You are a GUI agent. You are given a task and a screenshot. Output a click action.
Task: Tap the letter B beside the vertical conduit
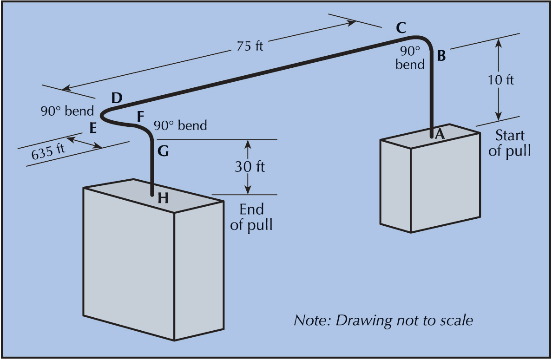(441, 56)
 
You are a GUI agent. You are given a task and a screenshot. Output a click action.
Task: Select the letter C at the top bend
(401, 28)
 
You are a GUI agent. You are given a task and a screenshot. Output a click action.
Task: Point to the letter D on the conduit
(117, 98)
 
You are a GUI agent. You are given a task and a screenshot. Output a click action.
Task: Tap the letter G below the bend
(163, 151)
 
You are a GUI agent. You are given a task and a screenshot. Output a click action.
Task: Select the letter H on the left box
(163, 198)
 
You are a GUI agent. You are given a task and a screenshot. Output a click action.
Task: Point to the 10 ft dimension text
(501, 79)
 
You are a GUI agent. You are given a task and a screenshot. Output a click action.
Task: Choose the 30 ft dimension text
(250, 166)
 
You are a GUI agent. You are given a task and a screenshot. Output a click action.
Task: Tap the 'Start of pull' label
(509, 143)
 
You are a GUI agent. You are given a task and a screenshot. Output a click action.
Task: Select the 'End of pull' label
(251, 217)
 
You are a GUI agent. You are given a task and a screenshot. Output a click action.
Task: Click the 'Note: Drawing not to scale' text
(383, 321)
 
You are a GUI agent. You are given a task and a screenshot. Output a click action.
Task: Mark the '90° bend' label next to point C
(410, 57)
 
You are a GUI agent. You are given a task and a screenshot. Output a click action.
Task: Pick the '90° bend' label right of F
(180, 125)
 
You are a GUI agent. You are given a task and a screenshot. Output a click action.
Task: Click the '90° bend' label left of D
(67, 111)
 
